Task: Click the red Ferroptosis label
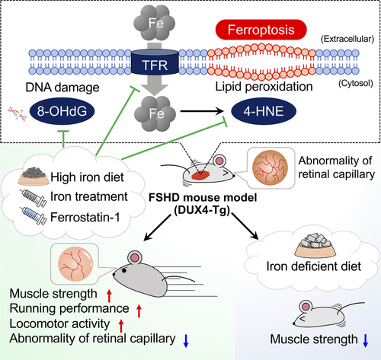(x=261, y=30)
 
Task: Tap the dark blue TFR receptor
(x=155, y=62)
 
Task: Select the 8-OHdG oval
(x=62, y=111)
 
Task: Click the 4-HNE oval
(x=264, y=111)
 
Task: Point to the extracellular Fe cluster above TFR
(x=155, y=23)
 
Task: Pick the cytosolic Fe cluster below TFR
(x=155, y=113)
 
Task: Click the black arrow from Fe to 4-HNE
(x=202, y=111)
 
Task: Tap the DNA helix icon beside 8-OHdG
(x=17, y=114)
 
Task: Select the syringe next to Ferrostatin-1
(x=34, y=216)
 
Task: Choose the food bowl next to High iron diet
(x=33, y=176)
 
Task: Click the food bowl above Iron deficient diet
(x=315, y=245)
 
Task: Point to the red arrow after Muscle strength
(x=109, y=295)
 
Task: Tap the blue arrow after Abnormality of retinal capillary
(x=186, y=341)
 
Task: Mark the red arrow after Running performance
(x=139, y=311)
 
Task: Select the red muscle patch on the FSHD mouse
(x=200, y=175)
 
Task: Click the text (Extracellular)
(x=347, y=39)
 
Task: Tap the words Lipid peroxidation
(x=264, y=87)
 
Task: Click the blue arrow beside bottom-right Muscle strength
(x=365, y=341)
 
